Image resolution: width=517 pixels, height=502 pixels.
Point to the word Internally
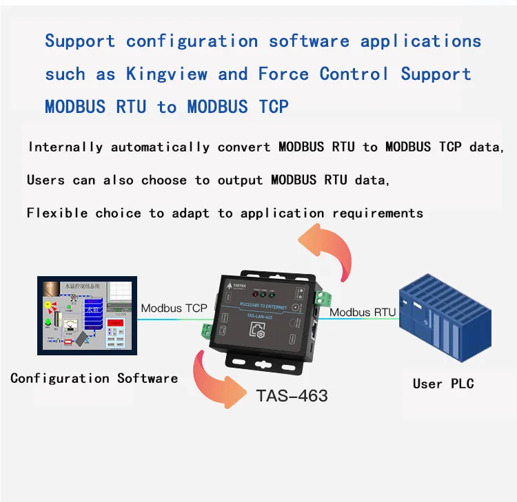pos(65,147)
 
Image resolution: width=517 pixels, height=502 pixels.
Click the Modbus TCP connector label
pos(173,308)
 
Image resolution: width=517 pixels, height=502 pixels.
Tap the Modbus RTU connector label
pos(363,313)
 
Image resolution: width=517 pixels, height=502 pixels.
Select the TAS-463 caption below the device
pos(292,396)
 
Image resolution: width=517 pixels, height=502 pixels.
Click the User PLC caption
pos(443,384)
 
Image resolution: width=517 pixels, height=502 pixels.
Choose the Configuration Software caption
pos(94,378)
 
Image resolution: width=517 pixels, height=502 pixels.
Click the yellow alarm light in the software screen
pos(48,304)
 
